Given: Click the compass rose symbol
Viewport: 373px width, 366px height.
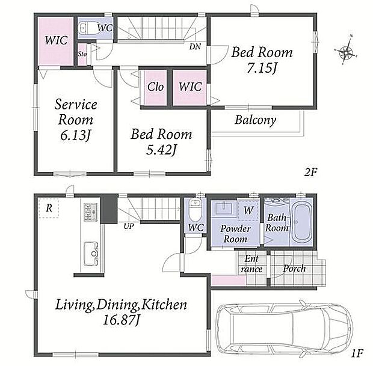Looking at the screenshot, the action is [345, 50].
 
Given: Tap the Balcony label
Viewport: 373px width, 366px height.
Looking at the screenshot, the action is [256, 120].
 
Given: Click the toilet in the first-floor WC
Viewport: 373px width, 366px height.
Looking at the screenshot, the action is [195, 210].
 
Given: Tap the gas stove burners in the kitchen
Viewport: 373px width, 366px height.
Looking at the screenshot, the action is [90, 213].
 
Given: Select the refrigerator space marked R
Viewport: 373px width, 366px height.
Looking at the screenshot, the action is [49, 208].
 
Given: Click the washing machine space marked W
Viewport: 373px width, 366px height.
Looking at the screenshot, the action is [248, 210].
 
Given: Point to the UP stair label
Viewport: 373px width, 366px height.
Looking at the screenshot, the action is [129, 226].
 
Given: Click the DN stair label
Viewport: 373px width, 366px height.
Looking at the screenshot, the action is [195, 46].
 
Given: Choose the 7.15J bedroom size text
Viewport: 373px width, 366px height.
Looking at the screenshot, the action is [262, 69].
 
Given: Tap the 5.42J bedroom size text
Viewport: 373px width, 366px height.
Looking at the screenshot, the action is [161, 150].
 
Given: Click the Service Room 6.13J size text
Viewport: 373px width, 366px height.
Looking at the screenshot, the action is [76, 135].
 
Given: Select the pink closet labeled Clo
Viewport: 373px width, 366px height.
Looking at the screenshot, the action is [155, 88].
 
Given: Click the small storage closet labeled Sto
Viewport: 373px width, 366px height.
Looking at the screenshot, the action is [82, 55].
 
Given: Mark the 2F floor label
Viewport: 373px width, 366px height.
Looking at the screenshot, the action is [311, 172].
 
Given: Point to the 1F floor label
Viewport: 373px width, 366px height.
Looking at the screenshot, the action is [357, 353].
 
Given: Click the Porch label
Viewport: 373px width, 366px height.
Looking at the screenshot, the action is [294, 269].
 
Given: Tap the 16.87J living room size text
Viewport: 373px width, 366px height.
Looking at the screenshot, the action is [121, 320].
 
